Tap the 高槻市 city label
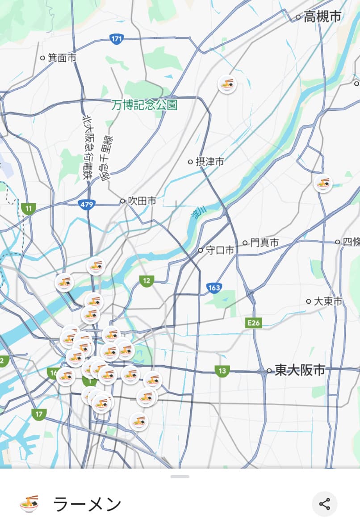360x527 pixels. [x=322, y=17]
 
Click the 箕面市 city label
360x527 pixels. [x=62, y=58]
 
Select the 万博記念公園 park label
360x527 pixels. [x=145, y=105]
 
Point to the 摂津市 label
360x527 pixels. [x=209, y=162]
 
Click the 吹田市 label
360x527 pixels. [x=142, y=201]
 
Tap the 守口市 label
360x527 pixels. [x=220, y=250]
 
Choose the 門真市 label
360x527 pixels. [x=264, y=243]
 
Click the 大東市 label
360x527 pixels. [x=328, y=301]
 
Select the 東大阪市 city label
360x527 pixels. [x=300, y=370]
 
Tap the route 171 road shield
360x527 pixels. [x=116, y=39]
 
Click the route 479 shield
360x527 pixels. [x=87, y=205]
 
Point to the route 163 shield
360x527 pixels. [x=214, y=288]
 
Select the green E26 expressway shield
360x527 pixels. [x=253, y=323]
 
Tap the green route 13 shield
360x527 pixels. [x=222, y=370]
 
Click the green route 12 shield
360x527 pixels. [x=147, y=281]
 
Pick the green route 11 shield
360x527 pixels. [x=29, y=208]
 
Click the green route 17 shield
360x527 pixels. [x=39, y=414]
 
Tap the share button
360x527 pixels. [x=324, y=504]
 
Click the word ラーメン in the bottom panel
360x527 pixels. [x=87, y=504]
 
